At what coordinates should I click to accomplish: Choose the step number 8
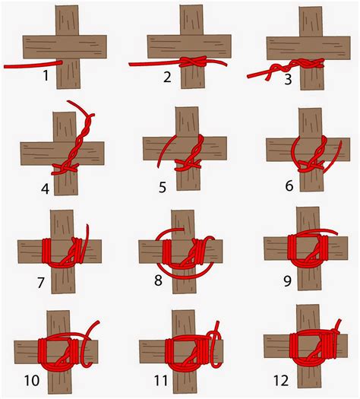point(157,280)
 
